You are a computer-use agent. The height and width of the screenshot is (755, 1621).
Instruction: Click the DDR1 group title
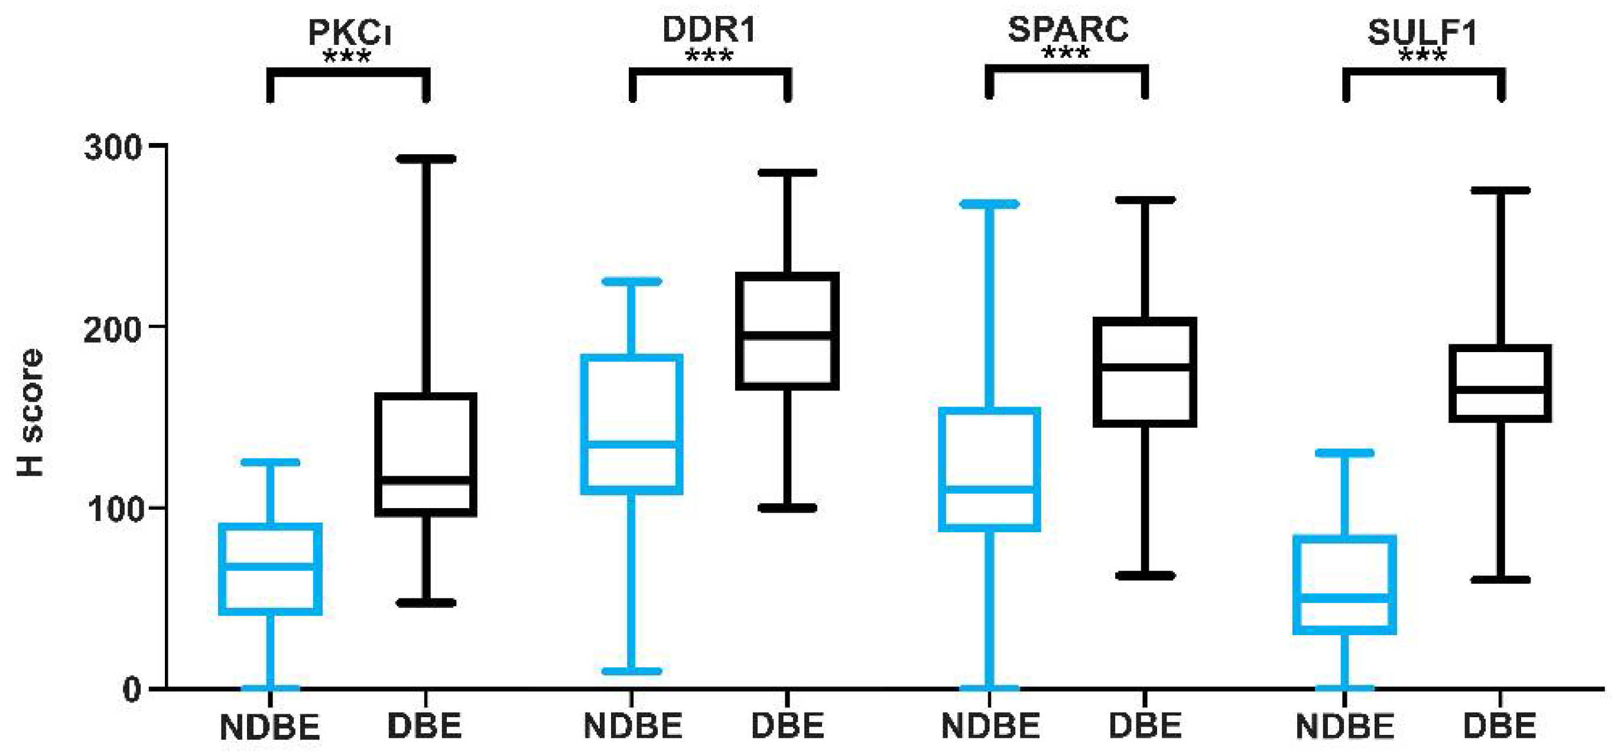[709, 30]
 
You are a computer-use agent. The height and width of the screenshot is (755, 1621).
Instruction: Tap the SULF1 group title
[1422, 32]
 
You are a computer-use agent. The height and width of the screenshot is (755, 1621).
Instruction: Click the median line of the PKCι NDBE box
[271, 565]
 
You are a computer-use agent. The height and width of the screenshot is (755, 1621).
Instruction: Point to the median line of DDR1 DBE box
[787, 336]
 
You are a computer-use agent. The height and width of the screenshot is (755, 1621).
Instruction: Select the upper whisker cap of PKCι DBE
[426, 158]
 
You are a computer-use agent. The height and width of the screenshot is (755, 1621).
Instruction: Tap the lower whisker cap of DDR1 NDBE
[632, 671]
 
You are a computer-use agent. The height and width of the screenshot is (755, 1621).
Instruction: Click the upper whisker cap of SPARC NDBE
[989, 204]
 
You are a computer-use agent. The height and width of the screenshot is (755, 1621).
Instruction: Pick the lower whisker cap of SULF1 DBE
[1501, 580]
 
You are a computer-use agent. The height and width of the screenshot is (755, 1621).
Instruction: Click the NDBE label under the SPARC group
[990, 727]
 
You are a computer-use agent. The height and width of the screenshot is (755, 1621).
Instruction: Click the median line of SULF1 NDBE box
[1345, 598]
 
